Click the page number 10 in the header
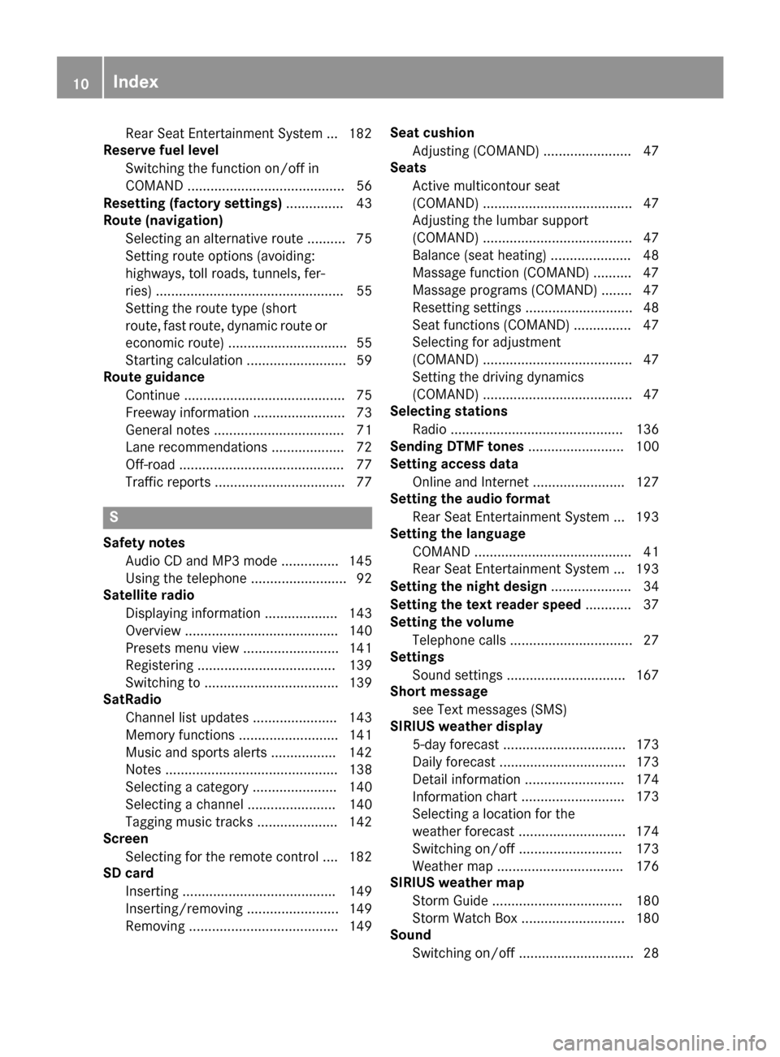coord(80,82)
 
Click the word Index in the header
coord(136,81)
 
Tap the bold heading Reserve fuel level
coord(161,150)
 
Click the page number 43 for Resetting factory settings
coord(363,203)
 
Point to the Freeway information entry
coord(187,412)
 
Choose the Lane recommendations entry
coord(196,447)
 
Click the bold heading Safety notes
coord(144,542)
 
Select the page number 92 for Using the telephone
coord(363,578)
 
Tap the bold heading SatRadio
coord(132,699)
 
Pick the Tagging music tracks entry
coord(189,822)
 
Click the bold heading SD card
coord(128,873)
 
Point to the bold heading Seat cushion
coord(432,132)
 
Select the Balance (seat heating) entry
coord(479,255)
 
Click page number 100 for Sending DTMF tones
coord(647,447)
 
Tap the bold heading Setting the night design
coord(468,586)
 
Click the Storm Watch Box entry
coord(465,918)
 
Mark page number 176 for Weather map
coord(647,866)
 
